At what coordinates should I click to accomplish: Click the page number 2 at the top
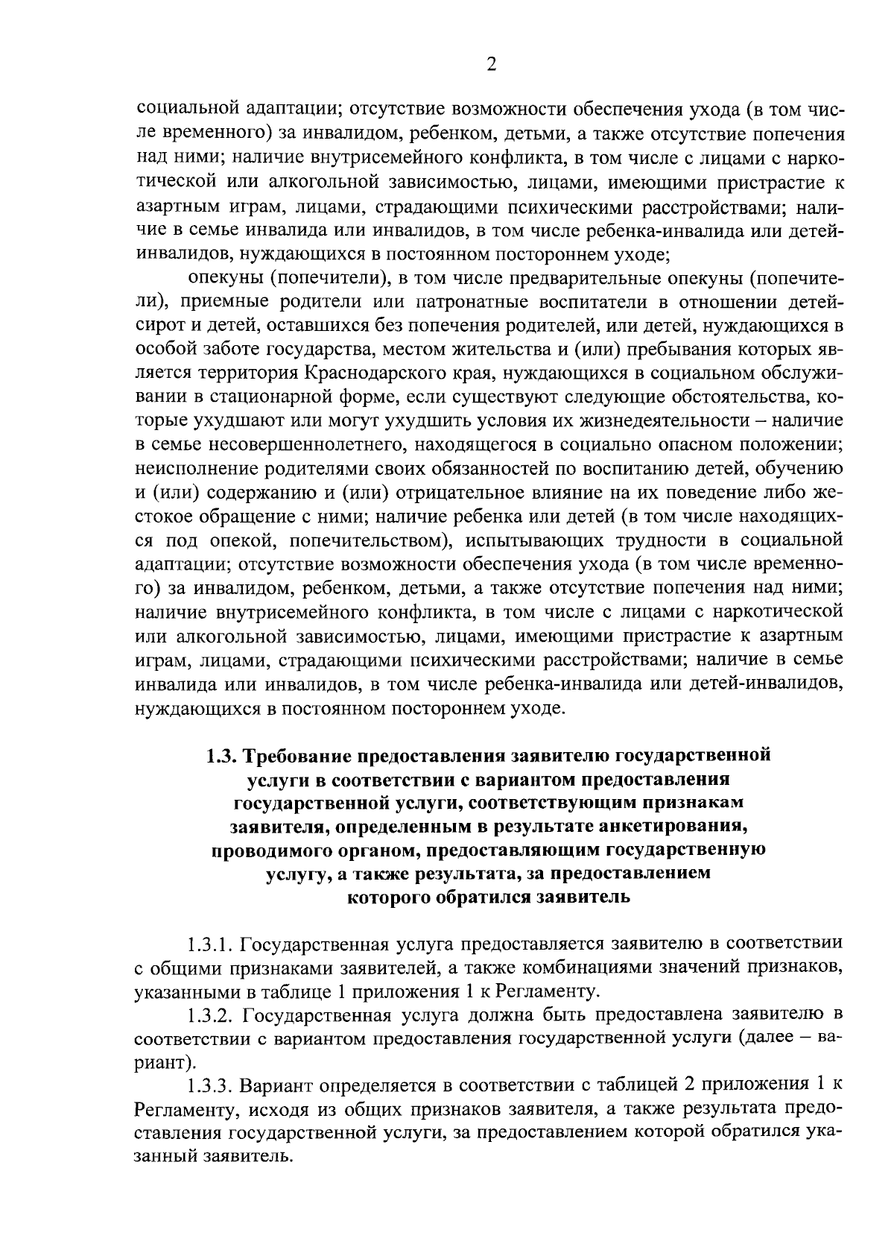(491, 65)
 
